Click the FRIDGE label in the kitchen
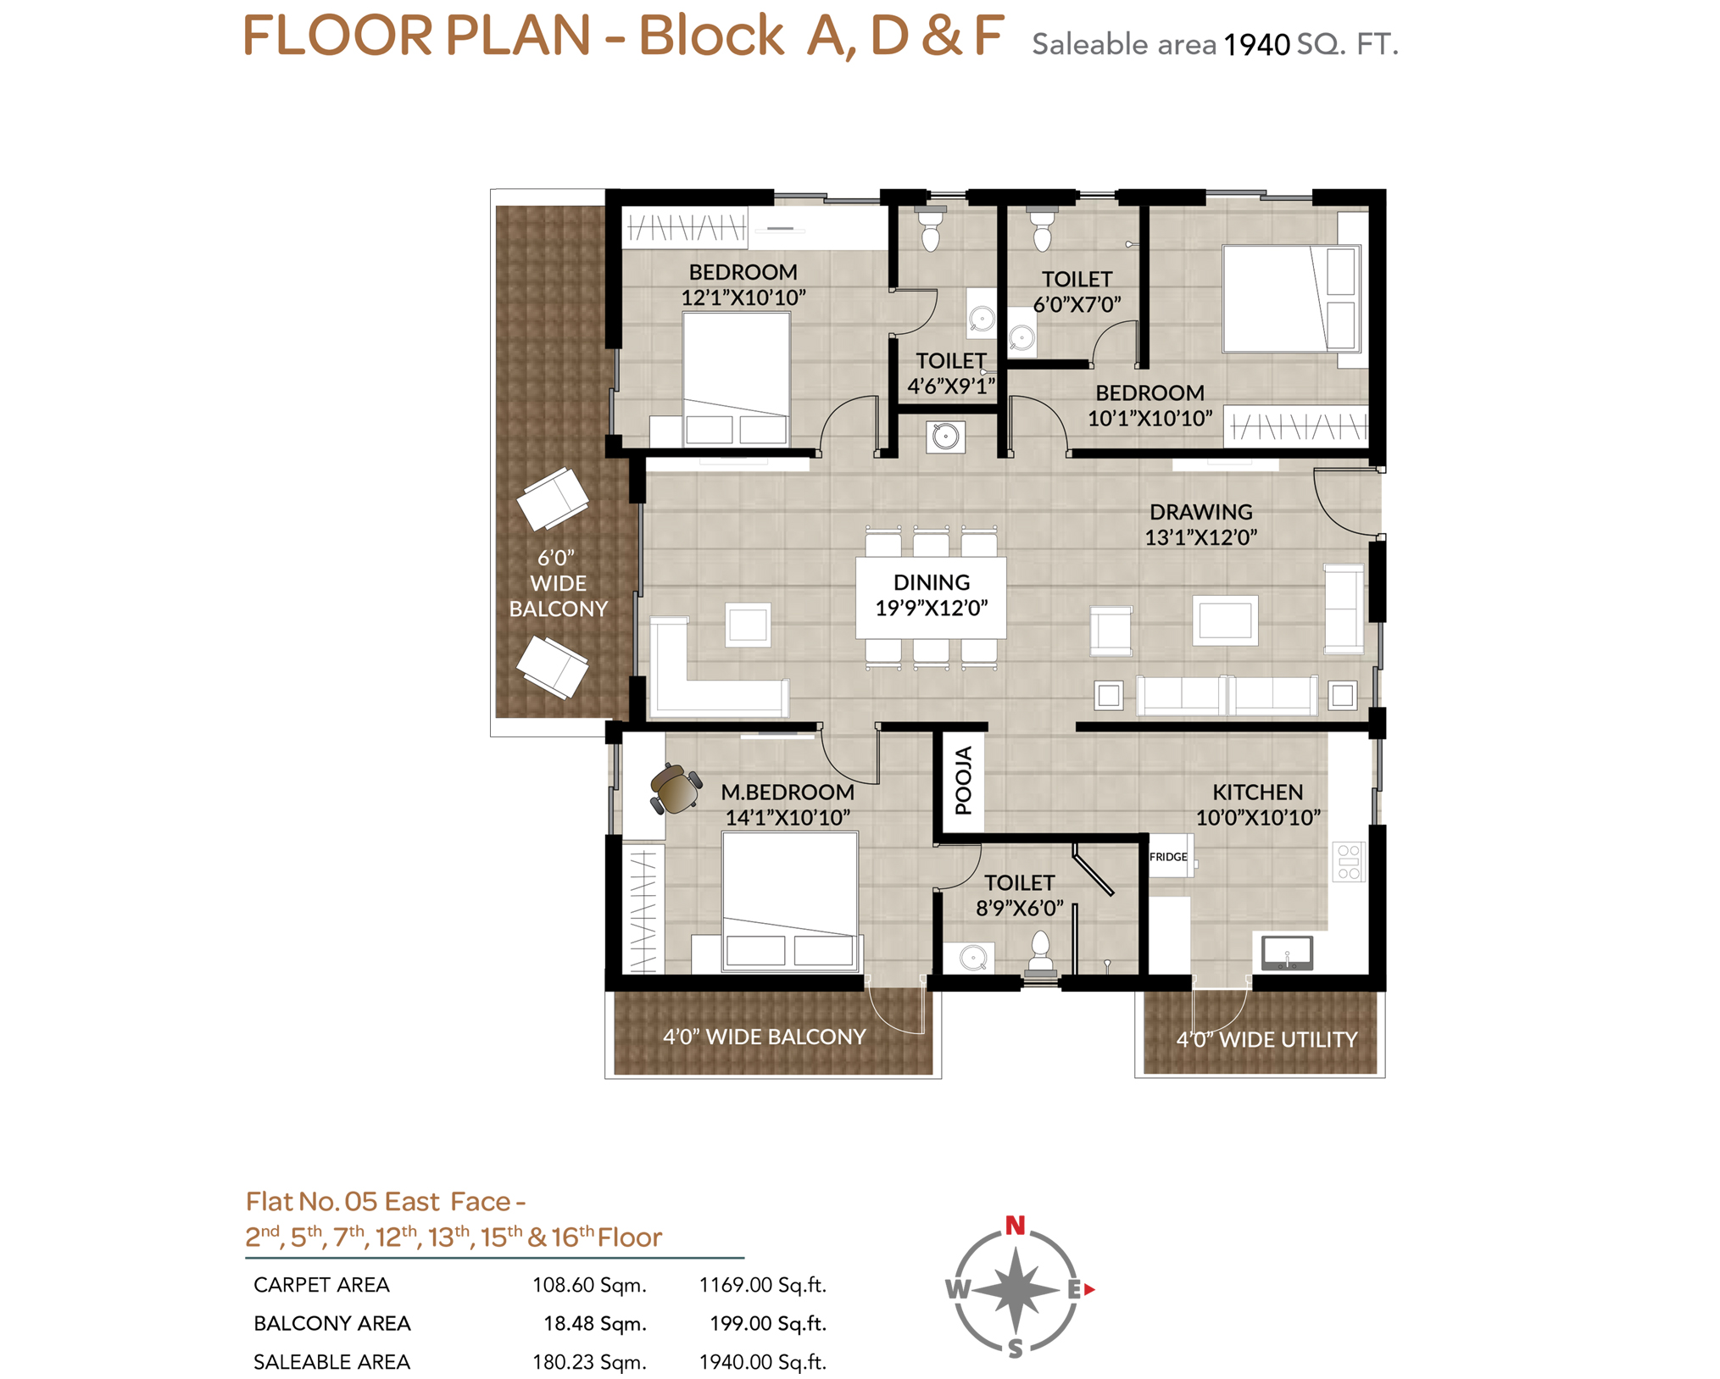click(1167, 857)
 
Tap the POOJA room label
click(963, 781)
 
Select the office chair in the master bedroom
click(675, 789)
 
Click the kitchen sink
click(1287, 953)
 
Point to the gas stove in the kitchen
click(1348, 861)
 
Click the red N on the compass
click(1015, 1225)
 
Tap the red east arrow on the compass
click(1089, 1289)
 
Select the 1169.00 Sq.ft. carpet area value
click(762, 1285)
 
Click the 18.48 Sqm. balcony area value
click(594, 1324)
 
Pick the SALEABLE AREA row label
click(331, 1362)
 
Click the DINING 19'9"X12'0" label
click(931, 595)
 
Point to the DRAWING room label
click(1200, 512)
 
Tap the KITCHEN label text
click(1257, 792)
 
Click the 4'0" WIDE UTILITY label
click(1266, 1039)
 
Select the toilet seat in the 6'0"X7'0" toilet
click(1042, 230)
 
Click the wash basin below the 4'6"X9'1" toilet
click(945, 436)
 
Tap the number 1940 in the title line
click(1256, 45)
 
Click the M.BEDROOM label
click(788, 792)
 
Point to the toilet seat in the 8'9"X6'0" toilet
click(1040, 951)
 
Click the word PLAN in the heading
click(518, 36)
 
